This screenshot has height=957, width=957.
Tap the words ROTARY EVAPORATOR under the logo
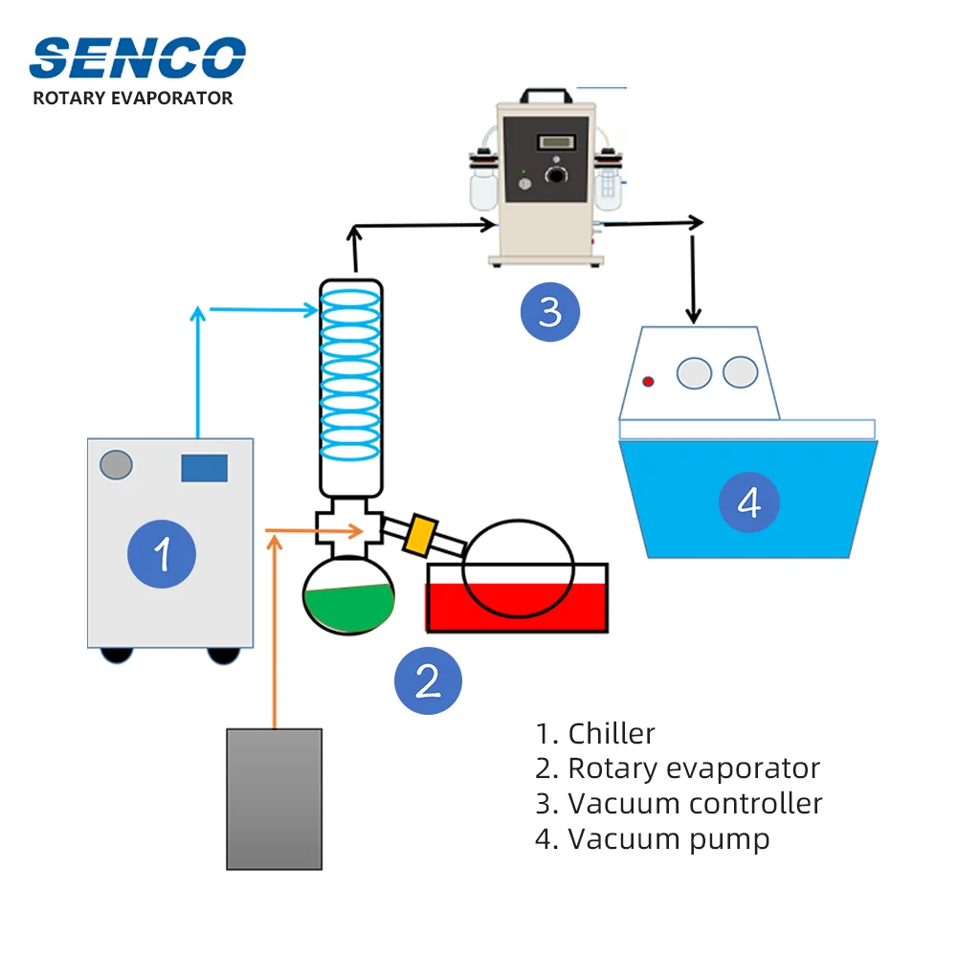click(x=133, y=98)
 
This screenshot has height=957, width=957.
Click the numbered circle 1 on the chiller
click(x=163, y=553)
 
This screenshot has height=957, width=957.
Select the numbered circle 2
click(x=428, y=680)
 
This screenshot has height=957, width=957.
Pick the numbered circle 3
click(x=550, y=311)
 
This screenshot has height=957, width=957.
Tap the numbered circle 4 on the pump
click(x=748, y=501)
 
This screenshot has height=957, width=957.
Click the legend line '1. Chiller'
click(x=595, y=734)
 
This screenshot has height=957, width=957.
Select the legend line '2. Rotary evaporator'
click(x=678, y=768)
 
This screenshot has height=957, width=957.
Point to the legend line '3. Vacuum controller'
click(x=679, y=803)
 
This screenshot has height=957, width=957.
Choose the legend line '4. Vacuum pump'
click(x=653, y=839)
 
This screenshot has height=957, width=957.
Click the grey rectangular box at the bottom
click(x=274, y=799)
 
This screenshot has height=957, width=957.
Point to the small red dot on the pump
click(x=648, y=382)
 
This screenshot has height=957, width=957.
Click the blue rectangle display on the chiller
click(x=204, y=468)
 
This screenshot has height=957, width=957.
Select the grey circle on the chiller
click(x=116, y=465)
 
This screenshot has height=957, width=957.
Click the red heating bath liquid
click(x=517, y=609)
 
